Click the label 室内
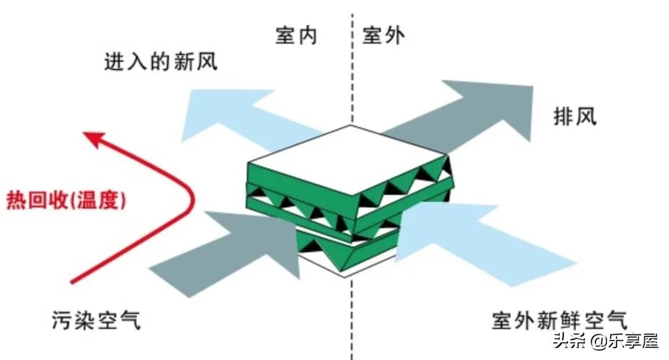pos(296,36)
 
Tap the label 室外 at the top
pos(383,36)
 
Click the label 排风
pos(575,116)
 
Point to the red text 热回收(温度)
pos(66,201)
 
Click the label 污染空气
pos(97,321)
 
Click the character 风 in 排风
pos(586,116)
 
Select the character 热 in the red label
pos(14,201)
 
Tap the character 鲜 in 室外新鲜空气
pos(571,321)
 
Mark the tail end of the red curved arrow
pos(73,283)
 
